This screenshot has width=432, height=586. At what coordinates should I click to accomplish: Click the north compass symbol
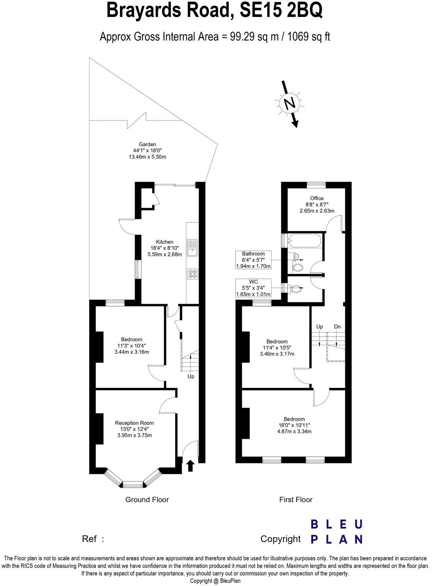(289, 103)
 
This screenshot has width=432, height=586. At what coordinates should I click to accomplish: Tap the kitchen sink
(192, 248)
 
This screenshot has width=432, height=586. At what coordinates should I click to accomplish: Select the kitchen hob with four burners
(192, 274)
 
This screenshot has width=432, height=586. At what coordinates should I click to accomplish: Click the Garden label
(147, 145)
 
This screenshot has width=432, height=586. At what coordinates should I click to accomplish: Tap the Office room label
(317, 198)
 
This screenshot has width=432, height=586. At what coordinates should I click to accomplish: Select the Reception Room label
(134, 423)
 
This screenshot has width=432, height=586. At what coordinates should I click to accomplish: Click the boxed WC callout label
(253, 288)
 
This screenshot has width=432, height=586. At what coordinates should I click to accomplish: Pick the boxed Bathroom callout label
(253, 260)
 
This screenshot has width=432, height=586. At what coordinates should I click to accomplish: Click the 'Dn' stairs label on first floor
(337, 327)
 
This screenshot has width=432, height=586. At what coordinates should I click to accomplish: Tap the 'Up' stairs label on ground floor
(191, 376)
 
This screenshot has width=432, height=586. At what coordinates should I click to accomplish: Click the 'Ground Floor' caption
(147, 500)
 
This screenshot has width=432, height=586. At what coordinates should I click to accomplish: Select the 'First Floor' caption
(295, 500)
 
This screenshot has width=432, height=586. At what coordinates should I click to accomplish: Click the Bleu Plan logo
(337, 532)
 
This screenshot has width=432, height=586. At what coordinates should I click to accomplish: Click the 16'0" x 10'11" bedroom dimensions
(294, 425)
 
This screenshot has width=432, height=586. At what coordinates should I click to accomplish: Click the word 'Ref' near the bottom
(89, 539)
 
